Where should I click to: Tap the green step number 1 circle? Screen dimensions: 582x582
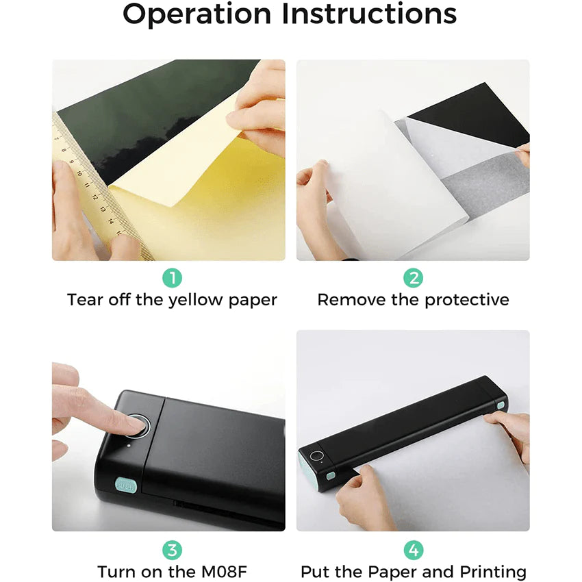(173, 278)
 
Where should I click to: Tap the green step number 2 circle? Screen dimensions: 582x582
(413, 278)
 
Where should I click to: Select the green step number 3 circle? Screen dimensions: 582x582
(173, 550)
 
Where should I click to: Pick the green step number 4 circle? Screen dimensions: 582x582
(413, 550)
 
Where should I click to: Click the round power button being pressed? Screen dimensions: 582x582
(140, 425)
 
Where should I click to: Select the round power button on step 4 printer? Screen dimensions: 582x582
(317, 456)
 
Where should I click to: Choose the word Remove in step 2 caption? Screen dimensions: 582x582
(349, 300)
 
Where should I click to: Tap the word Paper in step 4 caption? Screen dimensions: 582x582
(396, 572)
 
